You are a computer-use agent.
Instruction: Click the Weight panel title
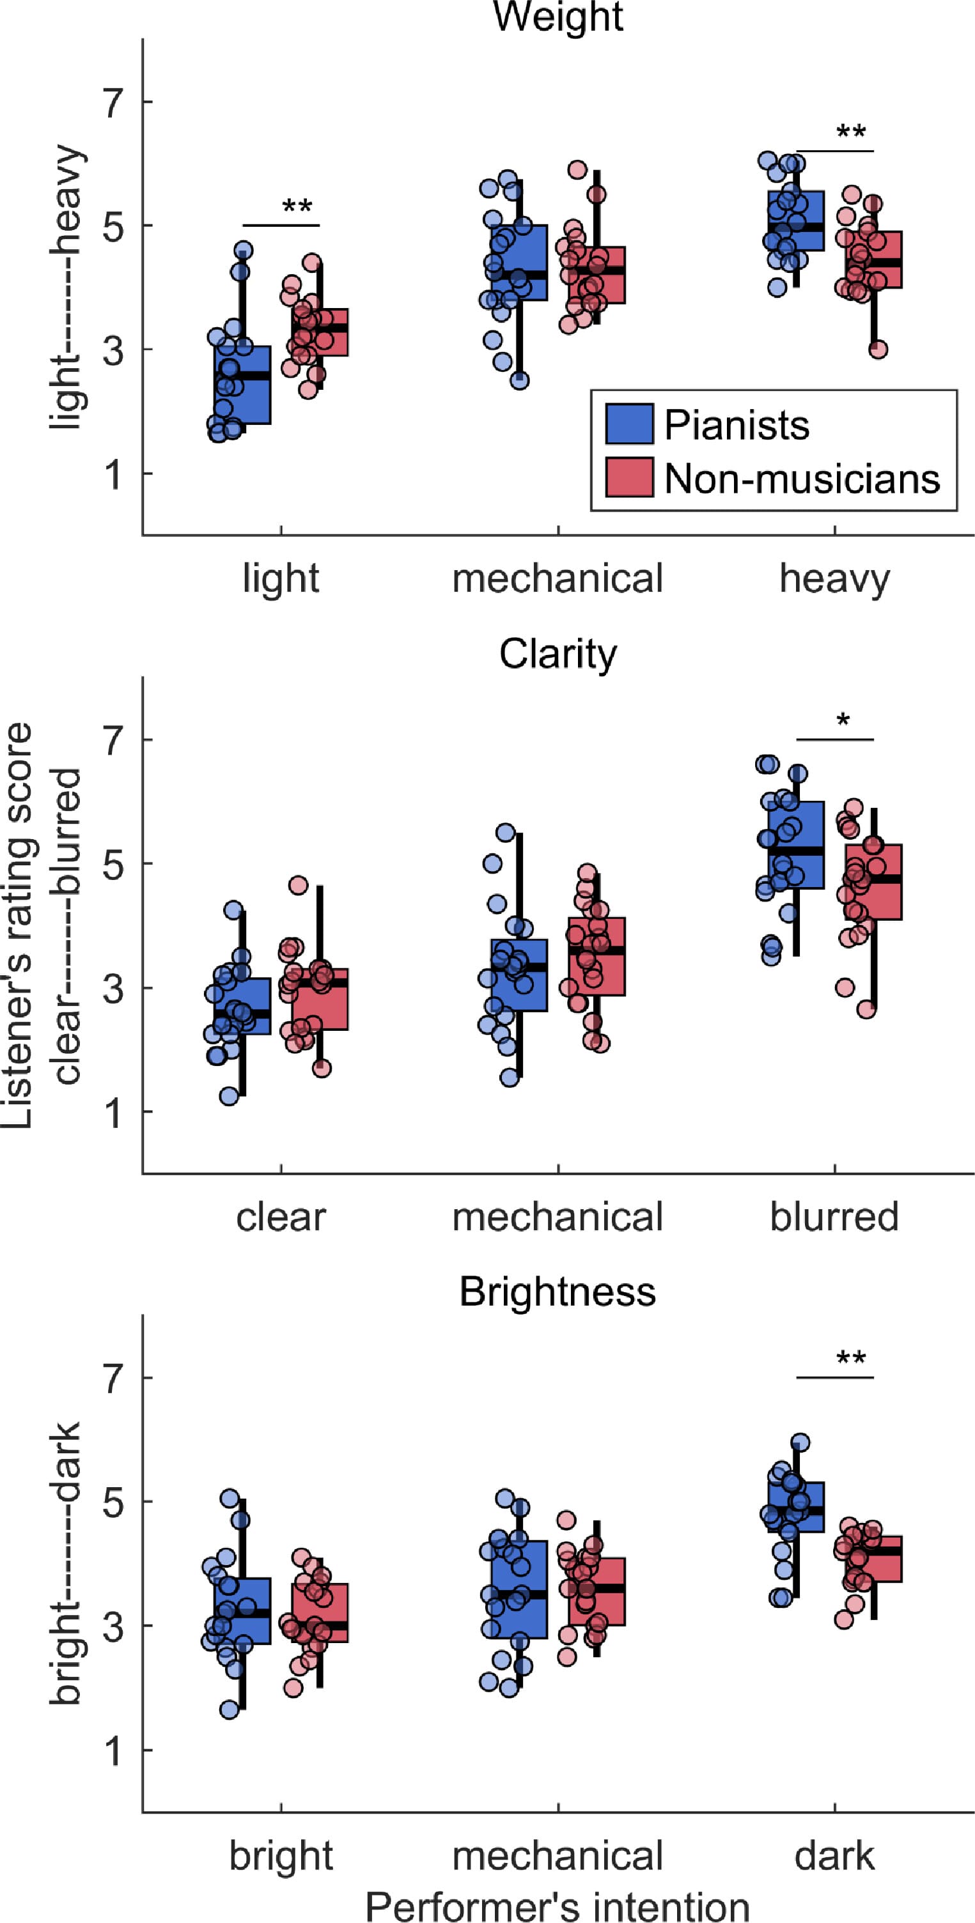point(558,17)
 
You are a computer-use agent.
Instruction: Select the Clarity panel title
point(558,654)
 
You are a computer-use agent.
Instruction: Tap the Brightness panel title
point(558,1292)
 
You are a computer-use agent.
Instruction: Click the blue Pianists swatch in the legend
point(629,424)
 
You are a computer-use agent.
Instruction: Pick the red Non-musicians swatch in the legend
point(629,477)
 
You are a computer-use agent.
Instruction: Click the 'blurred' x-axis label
point(834,1217)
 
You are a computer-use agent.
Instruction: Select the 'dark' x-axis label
point(834,1855)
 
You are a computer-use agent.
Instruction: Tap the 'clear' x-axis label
point(281,1217)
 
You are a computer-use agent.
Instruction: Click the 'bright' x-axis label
point(281,1857)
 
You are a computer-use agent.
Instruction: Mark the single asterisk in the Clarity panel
point(843,721)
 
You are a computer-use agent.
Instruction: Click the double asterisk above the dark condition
point(851,1358)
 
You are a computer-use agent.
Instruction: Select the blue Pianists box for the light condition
point(242,385)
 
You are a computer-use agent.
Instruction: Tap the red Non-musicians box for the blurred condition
point(873,882)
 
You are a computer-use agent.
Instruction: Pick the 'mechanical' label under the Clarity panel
point(558,1217)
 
